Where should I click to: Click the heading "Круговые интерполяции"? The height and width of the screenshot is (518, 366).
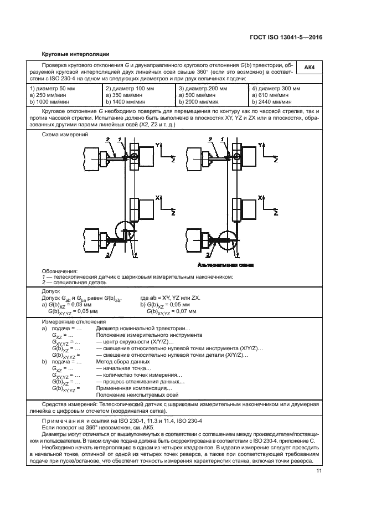click(x=75, y=54)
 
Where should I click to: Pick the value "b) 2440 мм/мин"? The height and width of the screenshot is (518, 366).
click(x=271, y=102)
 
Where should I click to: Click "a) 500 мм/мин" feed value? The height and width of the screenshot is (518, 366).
click(x=198, y=96)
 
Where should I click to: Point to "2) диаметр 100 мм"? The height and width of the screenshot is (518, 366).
click(x=128, y=89)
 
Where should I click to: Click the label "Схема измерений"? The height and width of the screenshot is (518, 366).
click(x=61, y=136)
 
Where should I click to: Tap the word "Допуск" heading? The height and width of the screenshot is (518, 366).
click(x=51, y=291)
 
